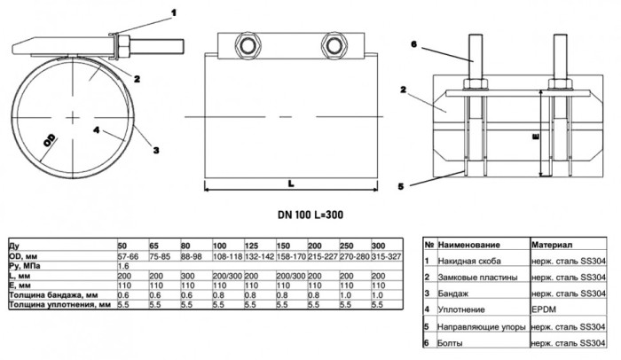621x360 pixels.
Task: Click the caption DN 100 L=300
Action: tap(310, 215)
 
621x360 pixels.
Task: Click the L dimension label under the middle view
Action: tap(291, 184)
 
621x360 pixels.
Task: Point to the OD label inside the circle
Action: tap(50, 141)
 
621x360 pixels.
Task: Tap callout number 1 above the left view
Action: tap(173, 13)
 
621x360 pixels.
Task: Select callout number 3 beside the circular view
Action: tap(156, 150)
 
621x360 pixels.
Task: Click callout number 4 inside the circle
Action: tap(97, 129)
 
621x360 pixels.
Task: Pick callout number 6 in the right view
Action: tap(414, 44)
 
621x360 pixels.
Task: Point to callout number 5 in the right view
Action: tap(401, 186)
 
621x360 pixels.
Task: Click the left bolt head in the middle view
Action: tap(248, 46)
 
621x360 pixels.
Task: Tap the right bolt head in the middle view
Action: tap(334, 46)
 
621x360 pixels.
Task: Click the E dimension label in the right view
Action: tap(536, 137)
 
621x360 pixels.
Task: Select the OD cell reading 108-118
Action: tap(227, 256)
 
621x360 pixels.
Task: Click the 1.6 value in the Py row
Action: tap(123, 266)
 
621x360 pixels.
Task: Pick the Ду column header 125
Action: tap(251, 246)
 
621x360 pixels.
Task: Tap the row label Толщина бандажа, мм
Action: tap(54, 295)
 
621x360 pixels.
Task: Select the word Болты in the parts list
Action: tap(450, 343)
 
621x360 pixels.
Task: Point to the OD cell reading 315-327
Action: tap(386, 256)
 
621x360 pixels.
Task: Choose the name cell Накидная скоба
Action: tap(469, 261)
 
